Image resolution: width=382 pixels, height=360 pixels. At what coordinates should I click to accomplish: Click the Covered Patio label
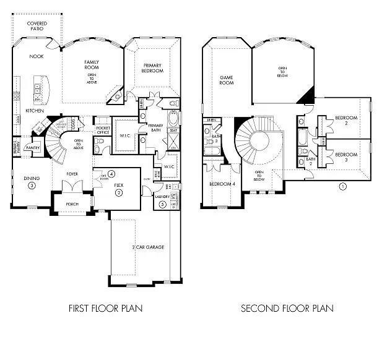click(37, 27)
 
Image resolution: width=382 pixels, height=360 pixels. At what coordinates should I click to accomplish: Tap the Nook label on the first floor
click(36, 56)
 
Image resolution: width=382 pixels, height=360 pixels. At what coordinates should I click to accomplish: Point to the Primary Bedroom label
click(152, 68)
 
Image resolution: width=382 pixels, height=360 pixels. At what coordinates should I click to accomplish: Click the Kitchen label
click(34, 111)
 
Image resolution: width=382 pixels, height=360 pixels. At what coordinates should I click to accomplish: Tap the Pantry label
click(33, 147)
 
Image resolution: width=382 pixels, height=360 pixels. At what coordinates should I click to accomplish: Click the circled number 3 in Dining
click(32, 185)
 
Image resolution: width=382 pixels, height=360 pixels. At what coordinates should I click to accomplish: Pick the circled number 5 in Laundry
click(162, 204)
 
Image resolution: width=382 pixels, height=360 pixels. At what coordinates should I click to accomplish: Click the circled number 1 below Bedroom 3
click(342, 185)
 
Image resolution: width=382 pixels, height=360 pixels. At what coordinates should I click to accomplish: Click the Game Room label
click(227, 80)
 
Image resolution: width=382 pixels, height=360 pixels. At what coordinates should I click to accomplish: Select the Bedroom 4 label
click(220, 184)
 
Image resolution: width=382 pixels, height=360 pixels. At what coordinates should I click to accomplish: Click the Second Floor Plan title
click(287, 307)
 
